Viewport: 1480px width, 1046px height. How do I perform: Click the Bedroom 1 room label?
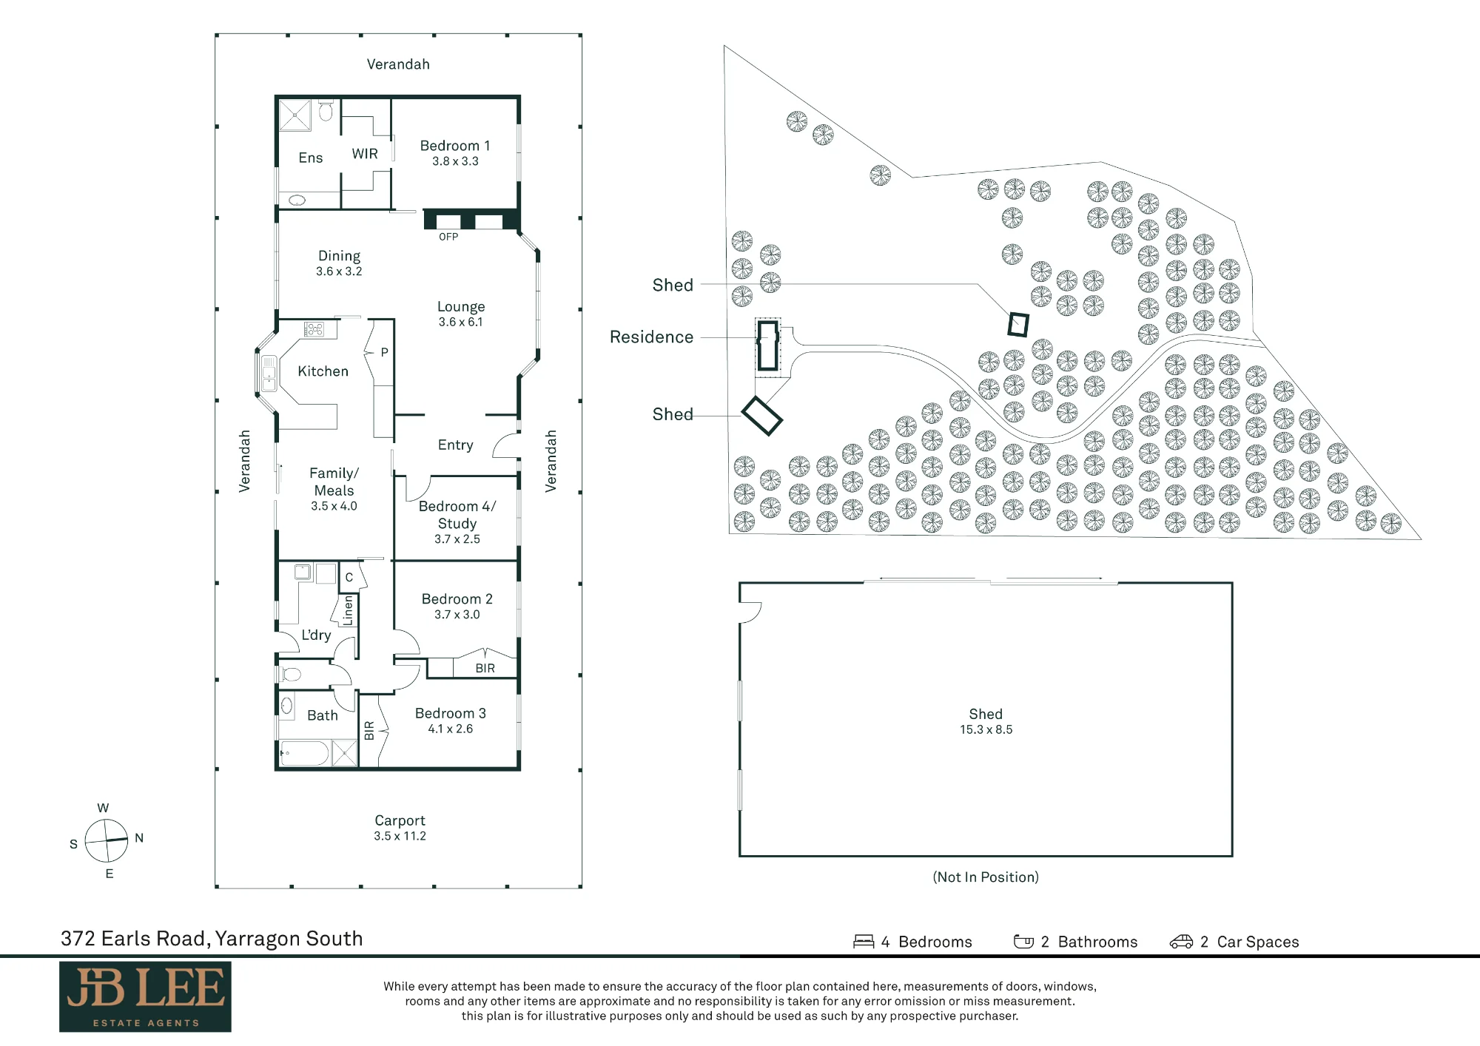coord(455,146)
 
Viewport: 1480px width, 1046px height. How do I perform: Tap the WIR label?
coord(365,154)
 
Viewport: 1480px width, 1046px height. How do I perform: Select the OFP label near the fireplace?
coord(448,237)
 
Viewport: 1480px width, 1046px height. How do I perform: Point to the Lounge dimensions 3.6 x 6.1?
coord(460,322)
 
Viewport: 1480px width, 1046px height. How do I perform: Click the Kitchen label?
coord(323,371)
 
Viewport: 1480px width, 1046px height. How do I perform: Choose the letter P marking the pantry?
coord(384,352)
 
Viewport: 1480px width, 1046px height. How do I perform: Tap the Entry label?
coord(455,445)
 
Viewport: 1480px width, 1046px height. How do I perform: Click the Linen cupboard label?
coord(348,611)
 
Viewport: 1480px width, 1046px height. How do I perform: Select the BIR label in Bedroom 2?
coord(485,668)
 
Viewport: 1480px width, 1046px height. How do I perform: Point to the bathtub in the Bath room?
coord(304,754)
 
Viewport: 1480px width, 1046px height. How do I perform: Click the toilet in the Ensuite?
coord(326,111)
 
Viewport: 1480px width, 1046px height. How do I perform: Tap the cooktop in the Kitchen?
coord(314,328)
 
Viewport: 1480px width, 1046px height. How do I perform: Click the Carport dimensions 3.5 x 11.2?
coord(400,836)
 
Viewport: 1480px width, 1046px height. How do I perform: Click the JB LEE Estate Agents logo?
coord(145,996)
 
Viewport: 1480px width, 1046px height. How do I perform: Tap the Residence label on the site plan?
coord(651,337)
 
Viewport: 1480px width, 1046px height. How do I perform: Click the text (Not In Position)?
coord(986,877)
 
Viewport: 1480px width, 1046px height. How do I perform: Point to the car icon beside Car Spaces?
coord(1181,942)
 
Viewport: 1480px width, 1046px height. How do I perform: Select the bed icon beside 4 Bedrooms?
coord(864,942)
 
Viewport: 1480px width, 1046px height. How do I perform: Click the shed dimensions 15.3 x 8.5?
coord(986,729)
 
